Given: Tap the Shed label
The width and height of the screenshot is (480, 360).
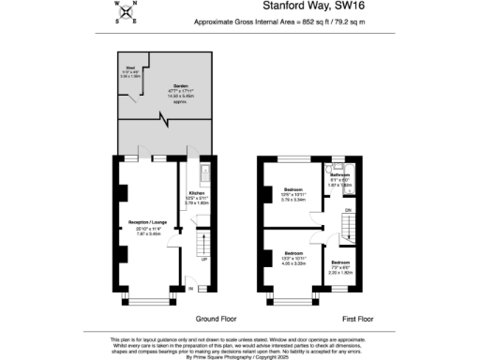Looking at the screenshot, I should click(x=132, y=67).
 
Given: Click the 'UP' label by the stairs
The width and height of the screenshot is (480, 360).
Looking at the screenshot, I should click(x=203, y=259).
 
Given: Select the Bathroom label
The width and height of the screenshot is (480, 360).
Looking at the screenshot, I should click(x=339, y=175).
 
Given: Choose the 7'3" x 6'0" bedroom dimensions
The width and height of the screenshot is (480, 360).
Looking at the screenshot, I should click(x=339, y=267).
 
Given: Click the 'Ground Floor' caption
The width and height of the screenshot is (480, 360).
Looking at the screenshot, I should click(x=217, y=319).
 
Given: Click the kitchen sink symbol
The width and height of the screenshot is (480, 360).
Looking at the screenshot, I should click(x=204, y=173).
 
